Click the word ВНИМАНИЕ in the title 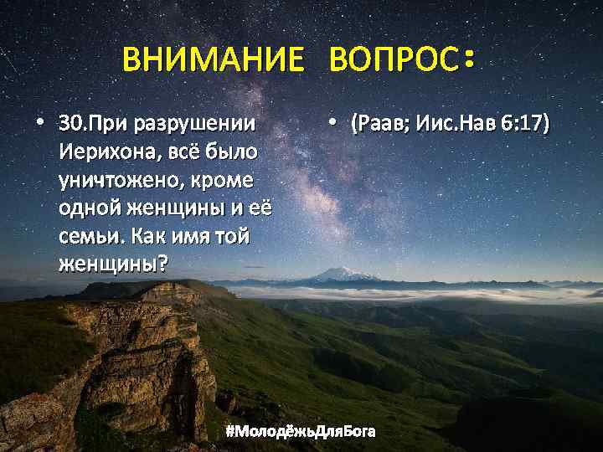point(212,60)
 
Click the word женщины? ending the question point(112,265)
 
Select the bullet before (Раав point(333,124)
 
